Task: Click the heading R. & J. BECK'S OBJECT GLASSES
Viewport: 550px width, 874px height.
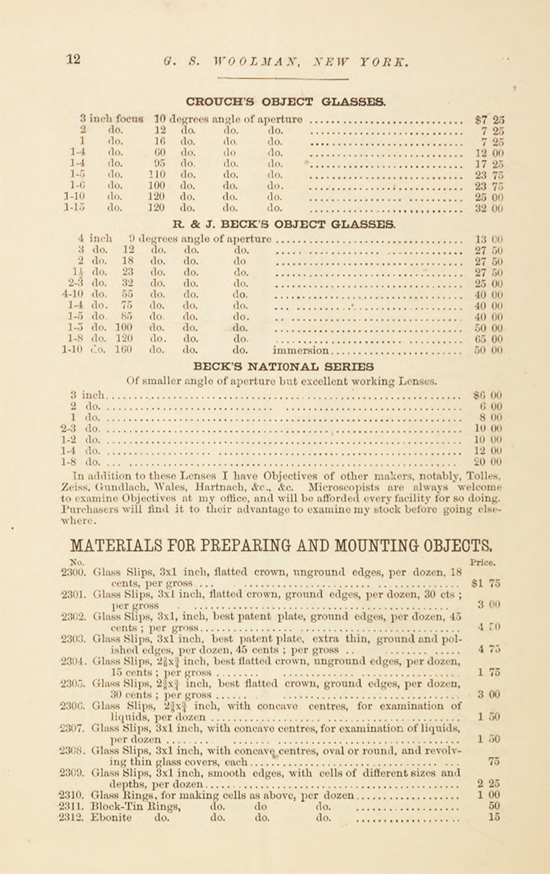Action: [275, 241]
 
